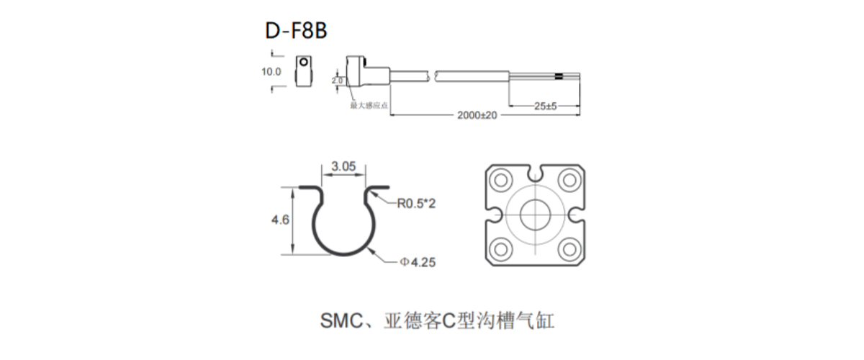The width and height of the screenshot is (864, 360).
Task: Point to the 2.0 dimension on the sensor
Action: [x=337, y=81]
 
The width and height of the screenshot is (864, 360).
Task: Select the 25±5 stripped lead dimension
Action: [x=545, y=106]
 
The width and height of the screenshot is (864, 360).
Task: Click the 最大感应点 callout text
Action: [x=369, y=105]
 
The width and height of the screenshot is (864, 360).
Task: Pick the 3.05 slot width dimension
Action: [x=343, y=166]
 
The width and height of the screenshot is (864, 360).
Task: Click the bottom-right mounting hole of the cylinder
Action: [x=569, y=248]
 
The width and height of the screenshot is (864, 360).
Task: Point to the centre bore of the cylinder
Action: [x=535, y=214]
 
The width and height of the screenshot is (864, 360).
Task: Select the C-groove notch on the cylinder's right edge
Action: [x=575, y=214]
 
